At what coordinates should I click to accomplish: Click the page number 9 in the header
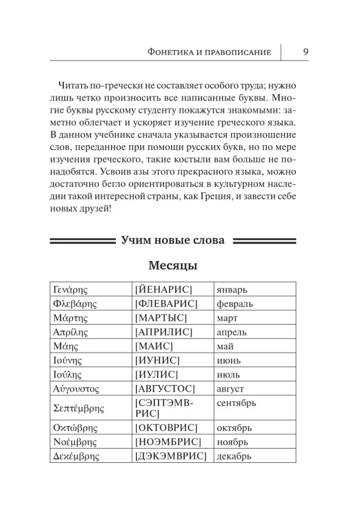tap(306, 52)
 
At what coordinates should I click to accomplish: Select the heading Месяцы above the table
tap(173, 266)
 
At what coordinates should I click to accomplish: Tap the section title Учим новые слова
tap(173, 240)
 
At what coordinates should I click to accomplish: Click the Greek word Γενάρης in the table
tap(71, 290)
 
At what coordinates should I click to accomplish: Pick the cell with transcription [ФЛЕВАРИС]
tap(166, 304)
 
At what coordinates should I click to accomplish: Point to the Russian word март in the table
tap(227, 318)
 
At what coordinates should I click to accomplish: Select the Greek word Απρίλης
tap(71, 332)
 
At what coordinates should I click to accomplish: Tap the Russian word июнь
tap(228, 361)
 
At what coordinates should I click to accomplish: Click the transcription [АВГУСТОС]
tap(165, 389)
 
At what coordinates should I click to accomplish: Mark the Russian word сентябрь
tap(236, 403)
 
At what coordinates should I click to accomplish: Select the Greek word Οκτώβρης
tap(73, 428)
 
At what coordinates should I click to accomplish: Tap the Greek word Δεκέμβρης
tap(75, 456)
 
